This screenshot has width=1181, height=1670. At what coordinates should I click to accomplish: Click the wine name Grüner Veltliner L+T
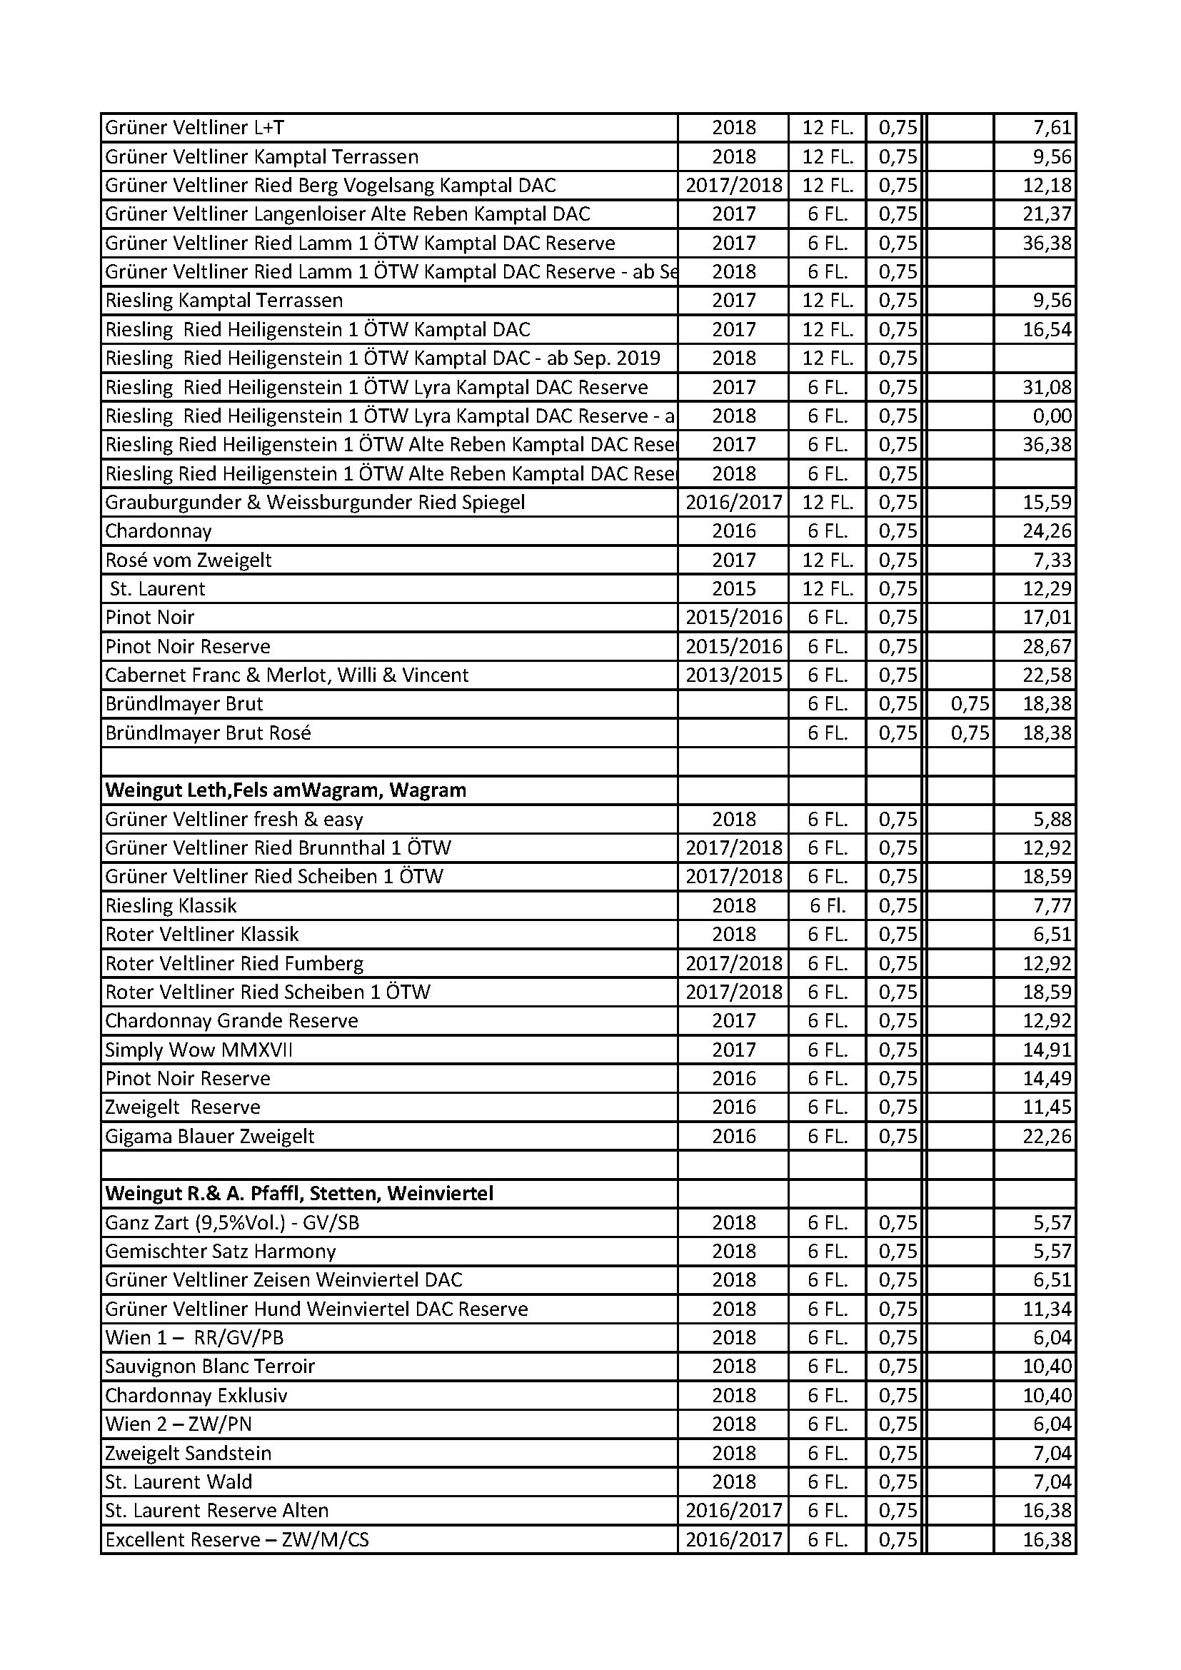194,128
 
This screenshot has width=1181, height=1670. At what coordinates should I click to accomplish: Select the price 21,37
1047,215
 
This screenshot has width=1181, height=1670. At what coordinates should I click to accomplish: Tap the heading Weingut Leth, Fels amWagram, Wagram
285,790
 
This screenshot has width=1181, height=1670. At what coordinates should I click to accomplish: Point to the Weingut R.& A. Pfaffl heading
299,1194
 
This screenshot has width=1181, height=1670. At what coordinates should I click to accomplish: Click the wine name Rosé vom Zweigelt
189,560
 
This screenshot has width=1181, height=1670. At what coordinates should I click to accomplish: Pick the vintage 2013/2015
733,675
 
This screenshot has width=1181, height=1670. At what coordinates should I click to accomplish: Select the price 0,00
1052,416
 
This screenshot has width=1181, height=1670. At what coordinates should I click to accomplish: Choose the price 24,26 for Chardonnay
1047,532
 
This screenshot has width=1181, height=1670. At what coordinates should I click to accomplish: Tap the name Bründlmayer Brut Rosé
208,733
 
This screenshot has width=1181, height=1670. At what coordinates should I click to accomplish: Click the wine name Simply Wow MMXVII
198,1050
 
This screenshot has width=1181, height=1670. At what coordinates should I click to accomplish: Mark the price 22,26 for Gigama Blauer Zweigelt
1047,1136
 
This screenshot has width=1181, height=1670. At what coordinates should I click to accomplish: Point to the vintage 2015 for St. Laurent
733,589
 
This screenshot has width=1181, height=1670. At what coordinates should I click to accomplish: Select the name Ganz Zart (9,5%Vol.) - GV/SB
232,1222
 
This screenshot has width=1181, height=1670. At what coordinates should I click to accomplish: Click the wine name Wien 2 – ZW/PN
179,1424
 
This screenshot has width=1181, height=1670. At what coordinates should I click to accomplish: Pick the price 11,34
1047,1309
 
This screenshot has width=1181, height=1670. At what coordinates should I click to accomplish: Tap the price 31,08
1047,388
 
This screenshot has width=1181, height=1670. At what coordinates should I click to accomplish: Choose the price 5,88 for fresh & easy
1052,820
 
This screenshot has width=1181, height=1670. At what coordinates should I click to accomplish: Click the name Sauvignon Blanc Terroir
209,1367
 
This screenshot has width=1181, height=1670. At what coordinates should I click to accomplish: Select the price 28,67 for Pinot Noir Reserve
1047,647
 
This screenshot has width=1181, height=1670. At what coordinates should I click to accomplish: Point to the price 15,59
1047,503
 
